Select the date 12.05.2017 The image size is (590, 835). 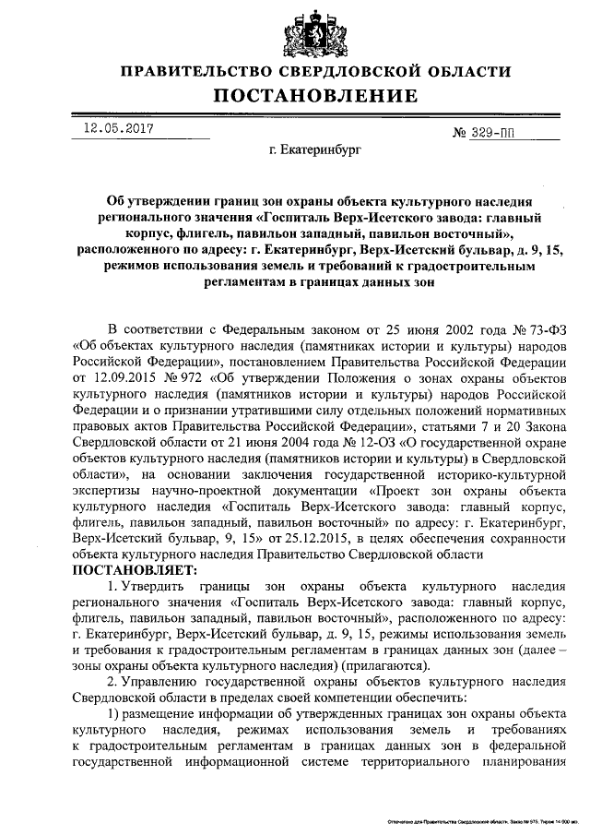[x=112, y=130]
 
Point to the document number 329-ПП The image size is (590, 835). [x=499, y=133]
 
